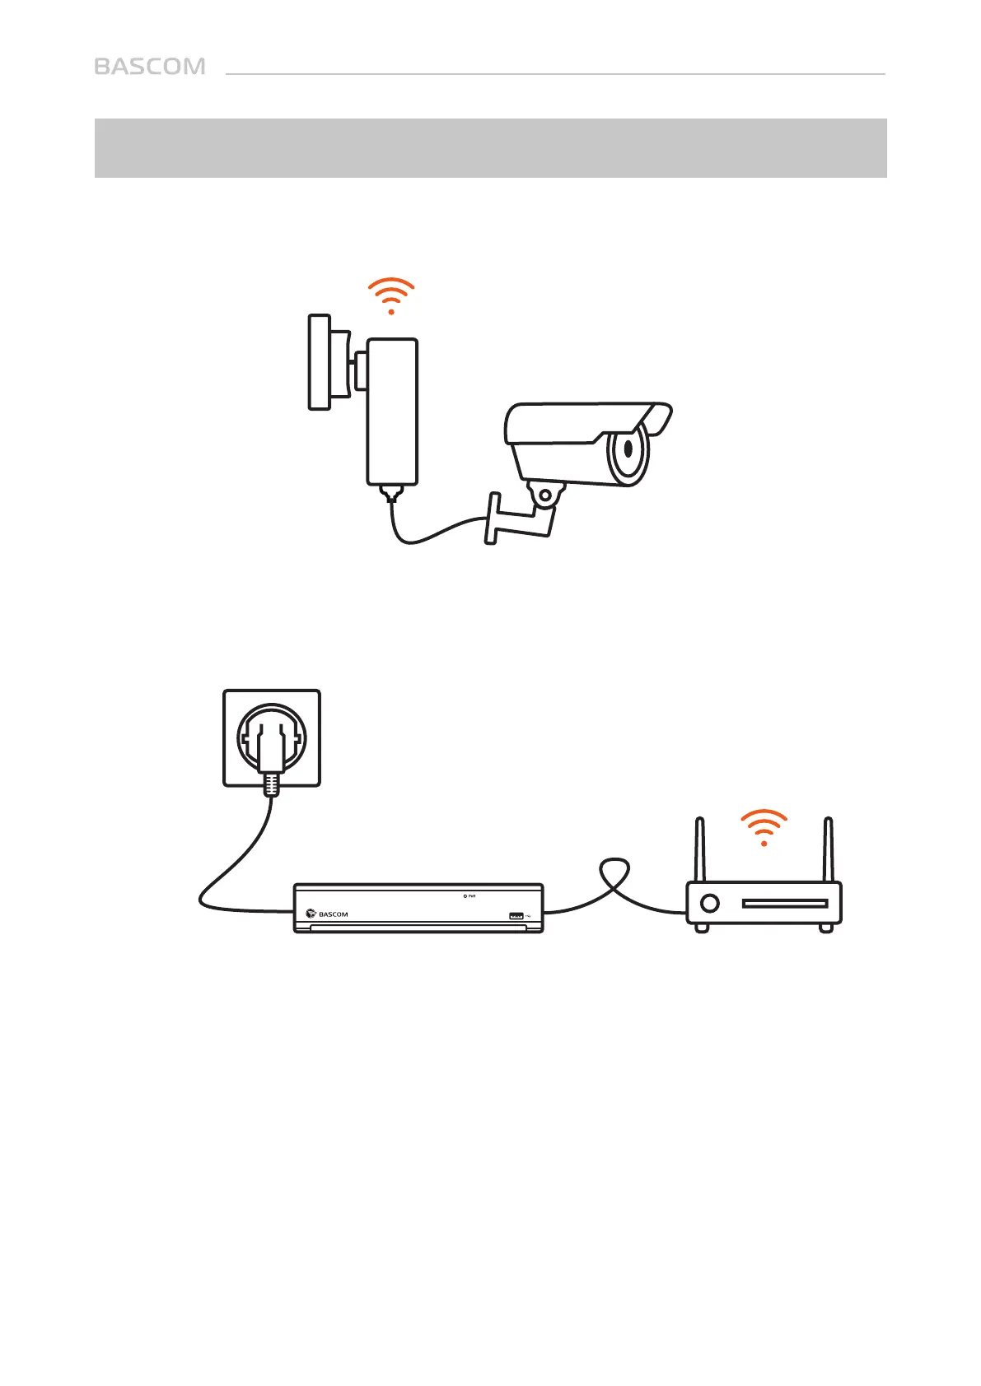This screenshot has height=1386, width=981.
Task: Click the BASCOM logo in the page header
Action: (x=150, y=67)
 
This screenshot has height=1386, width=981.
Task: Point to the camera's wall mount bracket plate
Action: (x=493, y=519)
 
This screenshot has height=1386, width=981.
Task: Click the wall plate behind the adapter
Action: (x=320, y=361)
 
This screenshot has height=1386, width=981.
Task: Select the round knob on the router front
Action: (x=708, y=903)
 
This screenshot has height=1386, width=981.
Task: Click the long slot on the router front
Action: (x=784, y=903)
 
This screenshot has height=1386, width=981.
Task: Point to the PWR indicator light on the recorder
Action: (x=465, y=896)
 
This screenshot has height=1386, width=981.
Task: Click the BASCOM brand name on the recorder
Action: (x=334, y=914)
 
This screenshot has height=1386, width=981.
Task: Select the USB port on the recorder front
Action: (x=516, y=915)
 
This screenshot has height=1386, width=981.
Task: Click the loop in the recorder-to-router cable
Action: (x=614, y=872)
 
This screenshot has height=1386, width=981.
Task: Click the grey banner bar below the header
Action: (x=490, y=148)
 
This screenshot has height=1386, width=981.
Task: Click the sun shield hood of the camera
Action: (x=589, y=416)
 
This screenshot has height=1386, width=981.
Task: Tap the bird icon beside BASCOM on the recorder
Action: (x=311, y=913)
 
